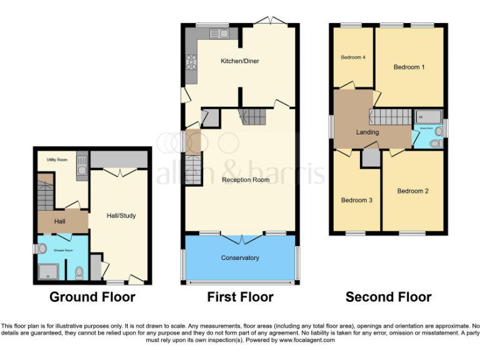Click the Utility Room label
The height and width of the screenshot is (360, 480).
click(57, 160)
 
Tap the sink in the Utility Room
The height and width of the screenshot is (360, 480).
click(81, 164)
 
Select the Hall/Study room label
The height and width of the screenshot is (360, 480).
click(121, 216)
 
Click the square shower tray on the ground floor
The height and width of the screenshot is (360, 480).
click(47, 271)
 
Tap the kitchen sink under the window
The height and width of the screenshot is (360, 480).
click(222, 34)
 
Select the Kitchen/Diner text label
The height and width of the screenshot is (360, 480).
click(239, 61)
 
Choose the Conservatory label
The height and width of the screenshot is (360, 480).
click(240, 257)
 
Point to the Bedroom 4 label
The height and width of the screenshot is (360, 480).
click(352, 57)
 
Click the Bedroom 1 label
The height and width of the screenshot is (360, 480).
click(409, 67)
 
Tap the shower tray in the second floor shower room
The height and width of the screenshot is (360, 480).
click(429, 116)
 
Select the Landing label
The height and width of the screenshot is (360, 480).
click(367, 132)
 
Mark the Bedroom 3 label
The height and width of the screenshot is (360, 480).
click(356, 200)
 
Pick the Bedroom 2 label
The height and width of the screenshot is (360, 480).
click(412, 191)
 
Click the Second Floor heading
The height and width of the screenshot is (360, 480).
click(388, 297)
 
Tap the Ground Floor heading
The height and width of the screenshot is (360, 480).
click(92, 297)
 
